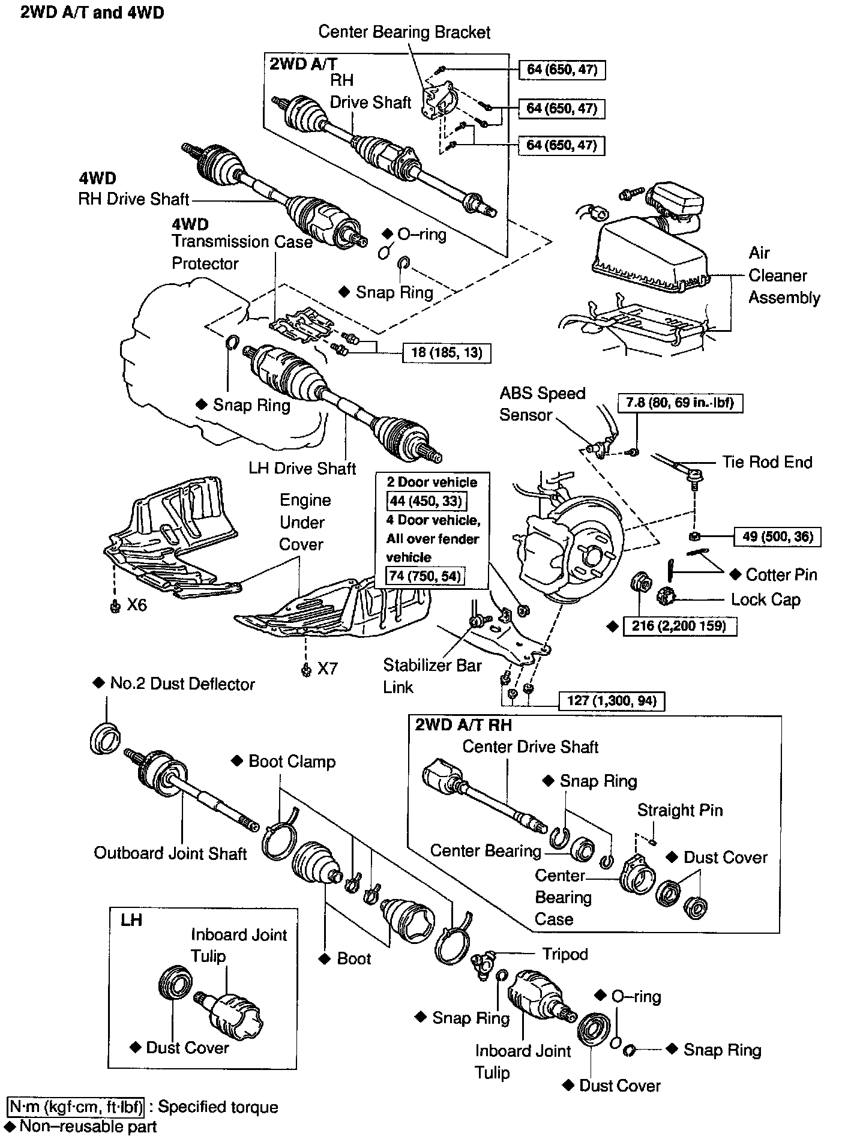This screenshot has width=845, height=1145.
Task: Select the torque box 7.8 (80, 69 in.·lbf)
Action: [x=680, y=403]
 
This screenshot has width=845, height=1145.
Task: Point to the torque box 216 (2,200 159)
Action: [x=679, y=626]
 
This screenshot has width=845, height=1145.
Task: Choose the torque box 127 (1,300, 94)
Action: [x=612, y=700]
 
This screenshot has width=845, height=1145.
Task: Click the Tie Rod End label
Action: [x=767, y=462]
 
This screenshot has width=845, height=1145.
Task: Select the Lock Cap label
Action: [x=765, y=600]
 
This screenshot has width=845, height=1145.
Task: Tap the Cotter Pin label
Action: [x=781, y=575]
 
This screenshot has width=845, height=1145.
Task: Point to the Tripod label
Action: [x=565, y=954]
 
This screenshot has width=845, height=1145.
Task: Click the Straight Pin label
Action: [x=679, y=810]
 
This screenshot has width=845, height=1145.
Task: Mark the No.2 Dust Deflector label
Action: [x=182, y=684]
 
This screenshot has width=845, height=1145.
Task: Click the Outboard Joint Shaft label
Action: [x=170, y=853]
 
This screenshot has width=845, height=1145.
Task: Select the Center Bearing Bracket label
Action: [x=404, y=32]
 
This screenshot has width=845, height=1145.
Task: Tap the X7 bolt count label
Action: [x=327, y=669]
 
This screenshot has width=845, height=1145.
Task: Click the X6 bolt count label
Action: [x=136, y=605]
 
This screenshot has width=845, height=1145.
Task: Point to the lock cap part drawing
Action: [x=667, y=598]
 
